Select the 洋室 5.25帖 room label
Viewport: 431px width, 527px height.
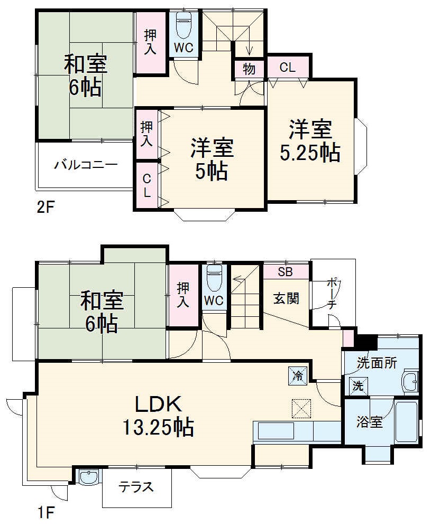310,140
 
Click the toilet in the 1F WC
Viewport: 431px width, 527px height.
214,278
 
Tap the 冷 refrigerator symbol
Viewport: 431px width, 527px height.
297,375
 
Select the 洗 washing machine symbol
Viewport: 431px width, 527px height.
358,385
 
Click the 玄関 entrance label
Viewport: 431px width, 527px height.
286,298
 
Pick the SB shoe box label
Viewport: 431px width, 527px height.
286,273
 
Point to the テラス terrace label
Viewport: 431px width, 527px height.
136,486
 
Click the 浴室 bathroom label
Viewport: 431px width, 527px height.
369,422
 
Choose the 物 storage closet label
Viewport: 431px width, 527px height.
249,69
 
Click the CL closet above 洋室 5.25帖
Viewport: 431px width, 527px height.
287,67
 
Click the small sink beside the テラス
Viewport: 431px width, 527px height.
87,477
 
